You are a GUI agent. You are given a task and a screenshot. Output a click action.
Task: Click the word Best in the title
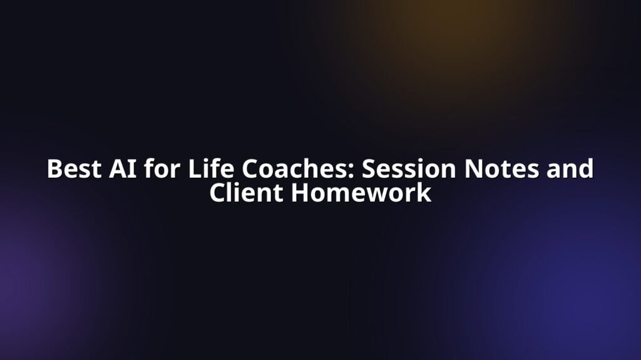click(x=74, y=168)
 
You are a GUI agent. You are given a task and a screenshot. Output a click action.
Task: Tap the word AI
click(x=123, y=168)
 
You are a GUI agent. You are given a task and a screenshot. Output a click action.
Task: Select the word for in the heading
click(x=162, y=168)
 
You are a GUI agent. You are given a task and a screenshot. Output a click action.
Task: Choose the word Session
click(x=408, y=168)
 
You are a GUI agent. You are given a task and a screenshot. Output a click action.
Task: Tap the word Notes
click(x=501, y=168)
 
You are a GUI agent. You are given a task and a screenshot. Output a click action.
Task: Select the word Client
click(x=246, y=192)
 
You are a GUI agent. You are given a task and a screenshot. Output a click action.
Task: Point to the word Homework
click(x=361, y=192)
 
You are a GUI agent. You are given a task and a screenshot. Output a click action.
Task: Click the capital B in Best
click(x=55, y=168)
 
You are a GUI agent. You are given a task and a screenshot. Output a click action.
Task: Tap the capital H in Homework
click(x=300, y=193)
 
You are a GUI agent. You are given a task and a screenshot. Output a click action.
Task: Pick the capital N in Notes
click(x=473, y=168)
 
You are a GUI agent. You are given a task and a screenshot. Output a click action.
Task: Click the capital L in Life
click(x=195, y=168)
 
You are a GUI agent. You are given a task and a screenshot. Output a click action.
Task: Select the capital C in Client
click(x=217, y=193)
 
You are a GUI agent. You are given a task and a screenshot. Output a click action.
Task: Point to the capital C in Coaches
click(x=249, y=168)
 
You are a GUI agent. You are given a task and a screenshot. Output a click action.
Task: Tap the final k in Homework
click(x=424, y=192)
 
